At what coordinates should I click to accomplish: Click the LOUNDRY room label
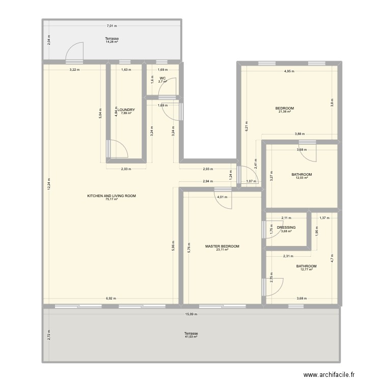click(x=125, y=110)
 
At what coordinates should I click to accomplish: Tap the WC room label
click(x=162, y=78)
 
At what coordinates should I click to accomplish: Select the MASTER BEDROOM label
click(x=222, y=246)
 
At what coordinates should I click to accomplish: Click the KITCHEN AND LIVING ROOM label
click(x=112, y=196)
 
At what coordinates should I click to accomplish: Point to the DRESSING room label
click(x=286, y=228)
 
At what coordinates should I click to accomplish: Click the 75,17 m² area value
click(x=112, y=200)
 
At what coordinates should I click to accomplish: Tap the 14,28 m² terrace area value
click(x=112, y=42)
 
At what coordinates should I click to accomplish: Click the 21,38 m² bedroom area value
click(x=284, y=112)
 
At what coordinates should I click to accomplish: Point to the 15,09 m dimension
click(x=190, y=314)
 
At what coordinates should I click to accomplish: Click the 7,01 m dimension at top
click(x=112, y=25)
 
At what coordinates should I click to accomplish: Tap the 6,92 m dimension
click(x=111, y=299)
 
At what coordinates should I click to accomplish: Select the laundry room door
click(x=117, y=149)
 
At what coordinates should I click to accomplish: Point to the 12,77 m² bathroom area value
click(x=307, y=269)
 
